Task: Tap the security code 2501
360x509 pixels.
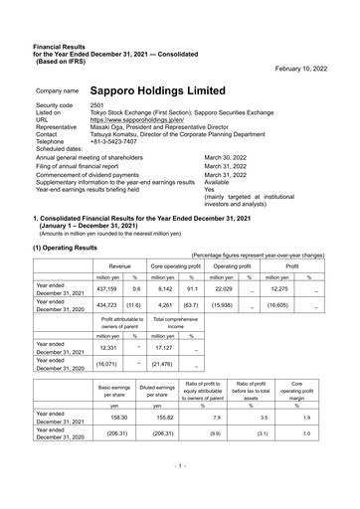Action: tap(97, 104)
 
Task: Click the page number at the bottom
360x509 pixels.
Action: tap(179, 493)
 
